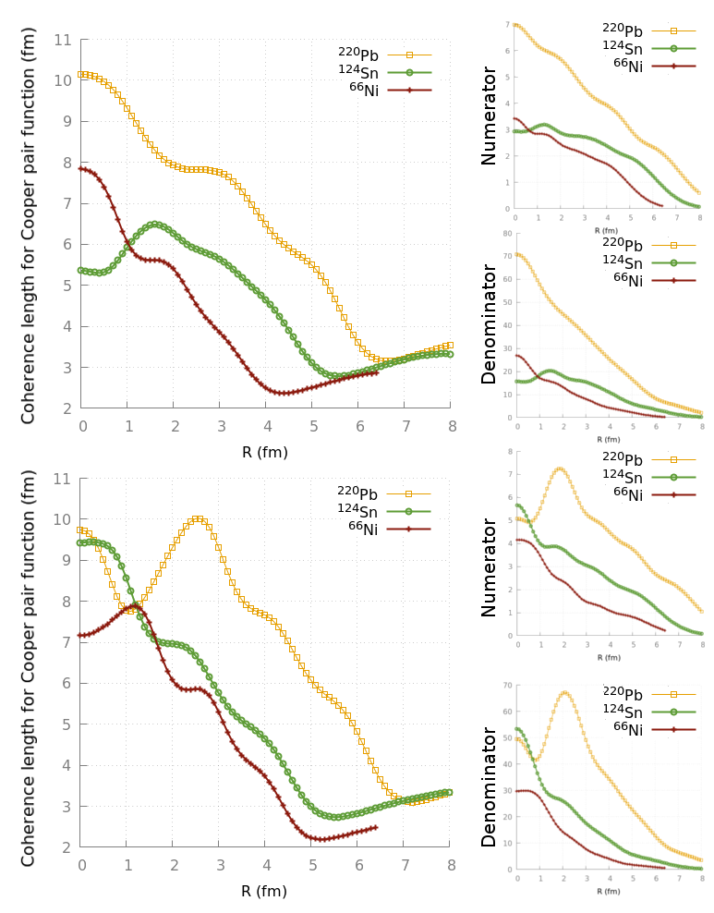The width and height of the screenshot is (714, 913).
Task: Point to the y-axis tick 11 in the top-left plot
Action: click(63, 40)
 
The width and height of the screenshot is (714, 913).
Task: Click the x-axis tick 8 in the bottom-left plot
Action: click(451, 866)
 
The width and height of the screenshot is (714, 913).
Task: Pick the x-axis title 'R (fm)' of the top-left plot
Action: click(264, 452)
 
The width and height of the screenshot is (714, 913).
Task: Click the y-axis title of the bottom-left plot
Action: click(29, 668)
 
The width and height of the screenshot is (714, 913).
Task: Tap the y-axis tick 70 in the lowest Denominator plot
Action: click(506, 686)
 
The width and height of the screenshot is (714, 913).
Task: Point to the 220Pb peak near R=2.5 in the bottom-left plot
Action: click(197, 519)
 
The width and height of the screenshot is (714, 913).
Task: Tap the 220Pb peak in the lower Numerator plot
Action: click(560, 469)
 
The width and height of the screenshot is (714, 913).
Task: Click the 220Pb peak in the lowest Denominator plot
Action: click(564, 692)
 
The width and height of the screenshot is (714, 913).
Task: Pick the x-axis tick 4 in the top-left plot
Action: click(267, 427)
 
